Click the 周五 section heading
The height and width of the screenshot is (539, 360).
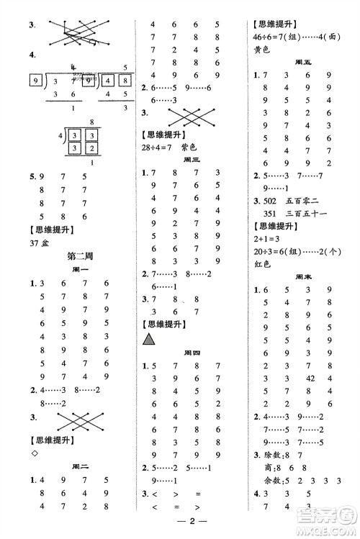tap(303, 62)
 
